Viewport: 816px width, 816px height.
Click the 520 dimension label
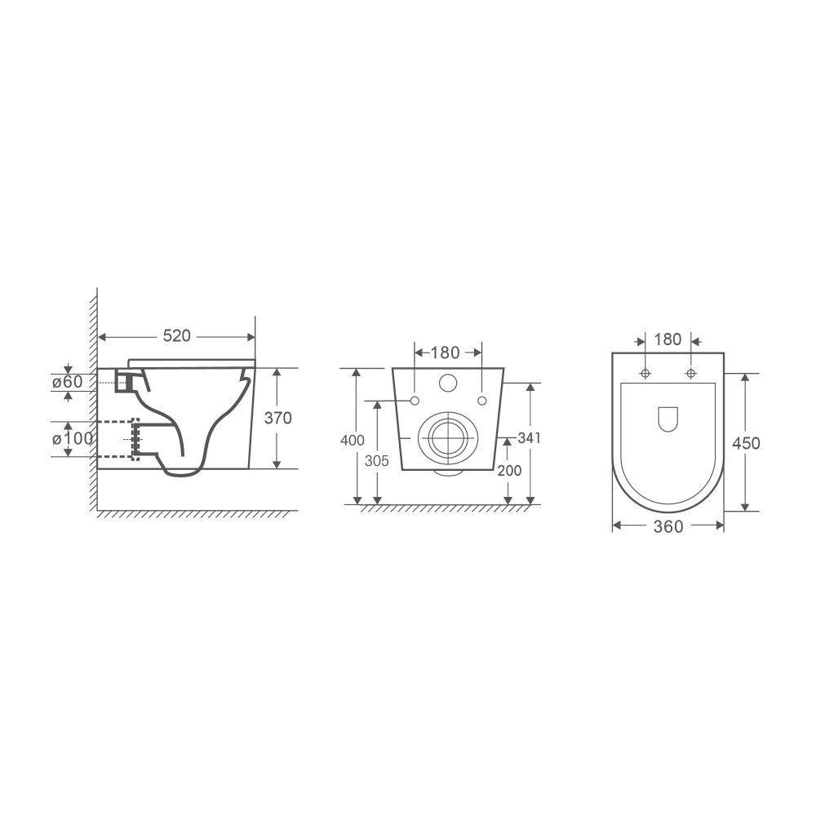[x=177, y=336]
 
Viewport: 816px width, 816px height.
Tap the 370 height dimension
[x=278, y=418]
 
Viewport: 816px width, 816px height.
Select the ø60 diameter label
[x=68, y=382]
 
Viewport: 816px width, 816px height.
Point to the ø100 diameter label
[x=73, y=439]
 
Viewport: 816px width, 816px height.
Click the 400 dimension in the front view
[x=353, y=441]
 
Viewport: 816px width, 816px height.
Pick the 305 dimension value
[x=377, y=461]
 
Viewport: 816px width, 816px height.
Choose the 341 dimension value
[x=530, y=438]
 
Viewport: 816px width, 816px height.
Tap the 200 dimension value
[x=509, y=471]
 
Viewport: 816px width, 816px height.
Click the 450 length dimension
[x=747, y=443]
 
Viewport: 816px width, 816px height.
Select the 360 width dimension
[x=668, y=526]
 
